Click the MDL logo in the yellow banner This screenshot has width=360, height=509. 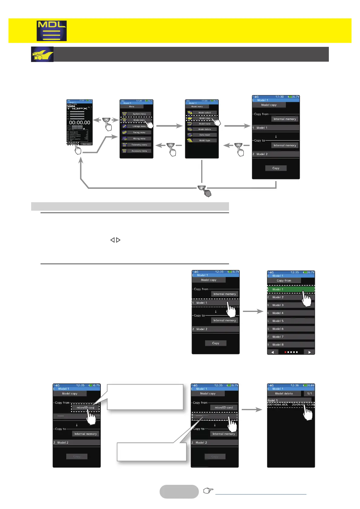coord(51,31)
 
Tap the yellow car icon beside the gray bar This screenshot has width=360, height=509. coord(42,54)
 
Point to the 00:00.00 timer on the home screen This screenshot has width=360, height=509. coord(80,122)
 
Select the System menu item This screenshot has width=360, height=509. coord(139,114)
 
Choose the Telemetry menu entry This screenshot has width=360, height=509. coord(139,145)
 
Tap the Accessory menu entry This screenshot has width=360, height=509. coord(139,151)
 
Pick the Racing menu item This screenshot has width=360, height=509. coord(139,132)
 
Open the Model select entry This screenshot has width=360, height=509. coord(205,113)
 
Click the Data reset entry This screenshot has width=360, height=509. coord(205,135)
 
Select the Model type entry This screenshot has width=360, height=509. coord(205,140)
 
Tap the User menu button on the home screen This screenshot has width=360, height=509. coord(87,144)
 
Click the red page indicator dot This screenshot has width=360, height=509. coord(285,352)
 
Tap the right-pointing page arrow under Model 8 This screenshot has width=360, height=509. coord(309,352)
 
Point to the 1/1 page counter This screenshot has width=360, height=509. coord(309,394)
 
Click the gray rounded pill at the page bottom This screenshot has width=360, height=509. coord(179,491)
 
